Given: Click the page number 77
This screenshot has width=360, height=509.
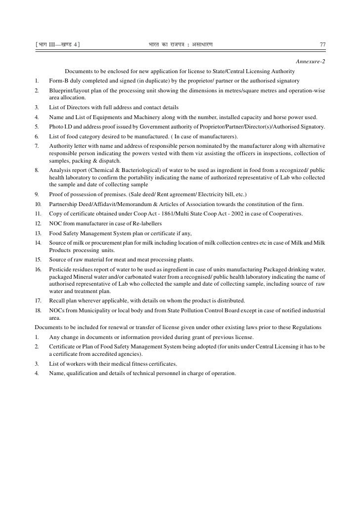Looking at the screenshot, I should coord(322,45).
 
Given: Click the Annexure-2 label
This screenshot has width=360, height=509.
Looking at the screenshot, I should coord(310,61).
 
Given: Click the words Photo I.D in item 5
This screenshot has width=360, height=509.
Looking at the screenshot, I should coord(61,127).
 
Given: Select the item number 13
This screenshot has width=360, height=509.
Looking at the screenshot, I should coord(38,233).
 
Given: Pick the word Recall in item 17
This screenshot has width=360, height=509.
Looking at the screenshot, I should coord(57,300).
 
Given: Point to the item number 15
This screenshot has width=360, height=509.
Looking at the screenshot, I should coord(38,260).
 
